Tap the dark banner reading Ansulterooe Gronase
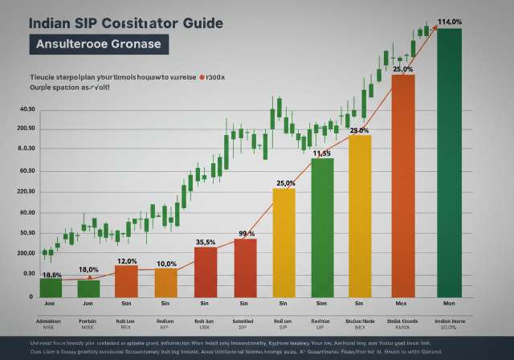[99, 45]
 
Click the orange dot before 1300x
[202, 80]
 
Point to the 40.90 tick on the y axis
[27, 110]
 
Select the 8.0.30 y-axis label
[27, 149]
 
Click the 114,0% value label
[449, 22]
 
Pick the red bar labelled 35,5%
[206, 271]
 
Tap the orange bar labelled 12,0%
[126, 280]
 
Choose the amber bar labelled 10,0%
[165, 282]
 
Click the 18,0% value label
[88, 270]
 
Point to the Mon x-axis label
[449, 304]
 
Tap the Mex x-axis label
[402, 304]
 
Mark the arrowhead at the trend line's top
[435, 25]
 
